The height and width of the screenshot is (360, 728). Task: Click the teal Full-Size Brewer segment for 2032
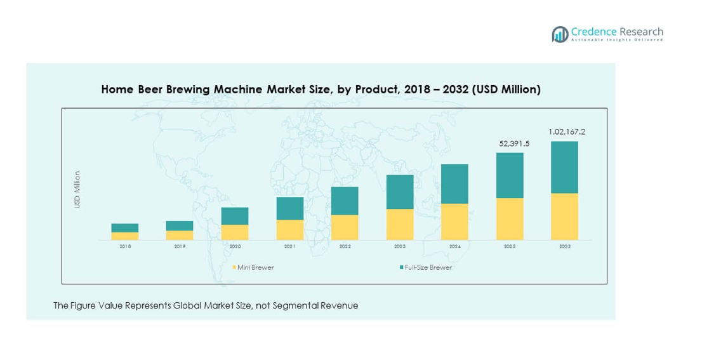564,167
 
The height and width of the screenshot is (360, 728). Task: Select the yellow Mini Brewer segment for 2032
564,217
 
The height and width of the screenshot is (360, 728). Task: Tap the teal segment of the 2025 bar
510,175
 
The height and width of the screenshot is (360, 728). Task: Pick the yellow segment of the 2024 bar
454,222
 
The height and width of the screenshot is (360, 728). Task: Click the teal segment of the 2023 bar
400,192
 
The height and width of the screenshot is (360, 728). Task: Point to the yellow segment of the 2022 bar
345,227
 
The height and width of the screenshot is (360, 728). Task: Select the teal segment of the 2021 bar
289,208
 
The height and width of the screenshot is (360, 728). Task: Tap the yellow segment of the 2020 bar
235,232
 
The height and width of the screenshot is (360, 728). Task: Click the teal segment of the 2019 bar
180,225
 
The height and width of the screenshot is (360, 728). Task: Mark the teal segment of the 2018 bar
125,228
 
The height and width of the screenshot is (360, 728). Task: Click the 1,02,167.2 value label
566,132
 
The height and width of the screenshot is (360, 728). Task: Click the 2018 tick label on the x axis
125,246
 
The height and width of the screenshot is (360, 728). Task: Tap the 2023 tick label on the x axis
400,246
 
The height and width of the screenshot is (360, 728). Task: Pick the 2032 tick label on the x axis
564,246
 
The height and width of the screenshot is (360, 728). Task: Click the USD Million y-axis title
77,190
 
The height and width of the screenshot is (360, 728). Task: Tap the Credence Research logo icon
560,34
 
